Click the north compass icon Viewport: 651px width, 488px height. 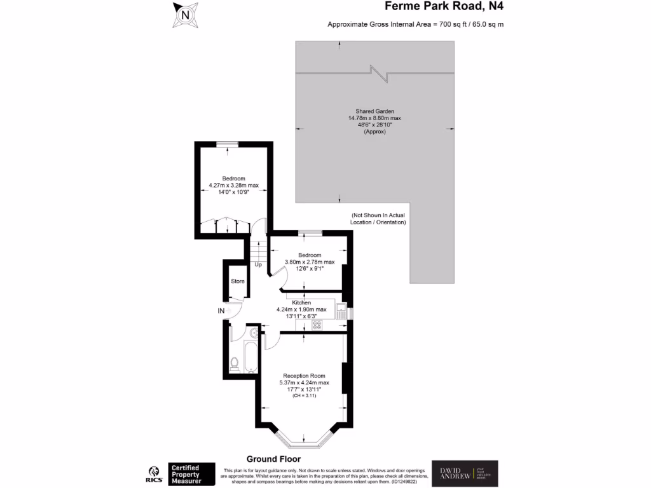(185, 14)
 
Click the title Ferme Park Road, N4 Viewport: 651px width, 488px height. (448, 7)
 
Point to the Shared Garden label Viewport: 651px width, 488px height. (374, 111)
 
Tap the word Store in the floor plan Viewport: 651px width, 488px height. (238, 281)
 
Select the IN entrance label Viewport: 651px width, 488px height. (221, 311)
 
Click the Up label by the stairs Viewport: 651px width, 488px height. (258, 264)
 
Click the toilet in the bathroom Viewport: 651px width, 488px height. (234, 363)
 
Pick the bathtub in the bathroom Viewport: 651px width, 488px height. (249, 357)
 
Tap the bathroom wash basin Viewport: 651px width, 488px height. (253, 332)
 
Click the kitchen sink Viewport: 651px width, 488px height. (341, 311)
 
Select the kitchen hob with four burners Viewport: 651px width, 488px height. (316, 325)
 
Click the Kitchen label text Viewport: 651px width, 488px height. (301, 302)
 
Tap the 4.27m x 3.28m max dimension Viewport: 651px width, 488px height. (233, 186)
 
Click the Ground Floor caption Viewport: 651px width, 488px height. (273, 459)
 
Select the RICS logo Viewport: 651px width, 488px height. (154, 474)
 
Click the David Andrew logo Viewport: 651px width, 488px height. (465, 473)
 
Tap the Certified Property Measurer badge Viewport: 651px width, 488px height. (191, 474)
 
